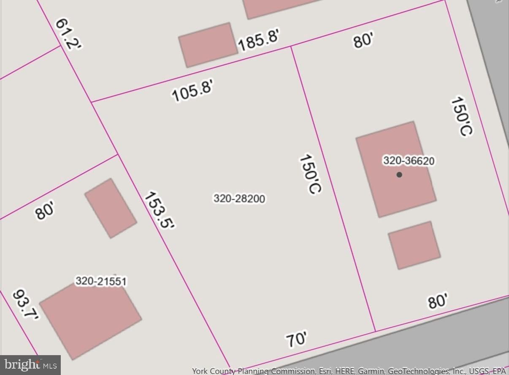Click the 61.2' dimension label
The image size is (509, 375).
point(68,34)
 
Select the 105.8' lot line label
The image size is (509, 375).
point(193,91)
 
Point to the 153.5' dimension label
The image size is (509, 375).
point(159,210)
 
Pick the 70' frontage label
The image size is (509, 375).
point(296,339)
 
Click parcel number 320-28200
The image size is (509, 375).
point(239,198)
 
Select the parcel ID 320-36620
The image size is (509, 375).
point(408,161)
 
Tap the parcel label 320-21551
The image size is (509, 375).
point(101,281)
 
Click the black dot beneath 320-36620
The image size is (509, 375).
point(399,175)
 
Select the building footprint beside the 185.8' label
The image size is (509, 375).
point(208,45)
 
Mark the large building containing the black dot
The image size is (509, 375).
point(395,186)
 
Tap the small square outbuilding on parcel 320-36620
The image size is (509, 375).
point(414,245)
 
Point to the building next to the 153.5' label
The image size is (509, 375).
point(111,208)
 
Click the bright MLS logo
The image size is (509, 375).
point(30,364)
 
